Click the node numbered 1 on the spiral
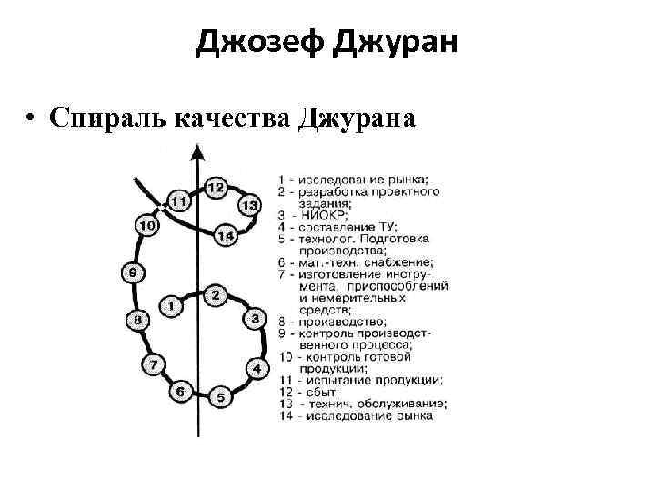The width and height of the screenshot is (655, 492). point(170,306)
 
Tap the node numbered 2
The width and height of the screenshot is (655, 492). point(215,294)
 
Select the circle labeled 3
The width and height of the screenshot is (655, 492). point(256,320)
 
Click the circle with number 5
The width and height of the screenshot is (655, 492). point(220,397)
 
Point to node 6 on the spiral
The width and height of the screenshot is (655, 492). point(180,392)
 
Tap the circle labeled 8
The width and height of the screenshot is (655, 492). point(137,320)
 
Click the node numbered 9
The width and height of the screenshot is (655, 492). point(134,272)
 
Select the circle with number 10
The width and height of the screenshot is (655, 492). point(146,223)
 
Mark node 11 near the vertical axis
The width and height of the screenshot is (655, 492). point(178,200)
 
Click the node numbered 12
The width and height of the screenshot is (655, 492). point(216,187)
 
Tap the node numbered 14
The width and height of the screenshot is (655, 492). point(226,236)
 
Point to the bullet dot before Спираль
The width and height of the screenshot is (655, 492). point(33,118)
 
